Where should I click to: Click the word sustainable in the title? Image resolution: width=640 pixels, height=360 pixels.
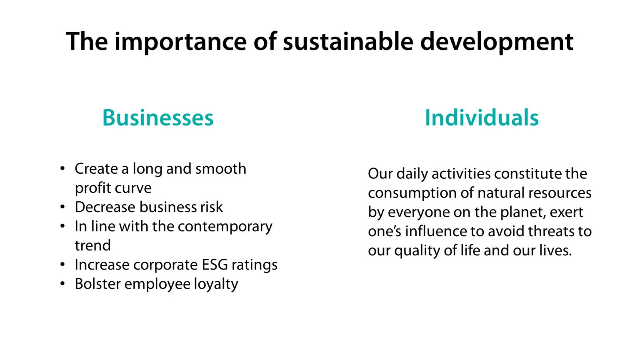click(348, 41)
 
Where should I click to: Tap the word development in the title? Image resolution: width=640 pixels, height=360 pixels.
click(497, 41)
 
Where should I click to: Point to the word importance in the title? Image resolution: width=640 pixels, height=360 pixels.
click(180, 41)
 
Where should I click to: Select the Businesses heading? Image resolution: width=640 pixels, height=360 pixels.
click(158, 117)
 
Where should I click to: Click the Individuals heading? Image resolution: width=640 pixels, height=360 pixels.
click(482, 117)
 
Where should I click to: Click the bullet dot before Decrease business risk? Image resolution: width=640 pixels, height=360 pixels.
click(62, 207)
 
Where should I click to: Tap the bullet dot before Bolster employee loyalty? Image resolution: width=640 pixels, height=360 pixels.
click(62, 284)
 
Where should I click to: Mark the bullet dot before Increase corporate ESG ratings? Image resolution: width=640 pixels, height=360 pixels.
click(62, 265)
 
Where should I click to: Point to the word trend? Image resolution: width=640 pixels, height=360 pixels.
click(92, 246)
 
